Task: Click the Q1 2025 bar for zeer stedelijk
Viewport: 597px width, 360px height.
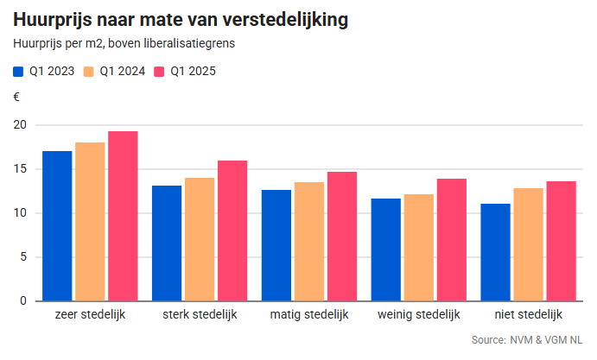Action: click(123, 216)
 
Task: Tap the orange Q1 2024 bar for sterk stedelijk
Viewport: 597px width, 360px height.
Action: click(200, 239)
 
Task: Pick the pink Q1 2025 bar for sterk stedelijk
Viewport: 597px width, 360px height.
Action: click(232, 231)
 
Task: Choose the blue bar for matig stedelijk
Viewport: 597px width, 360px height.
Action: click(276, 245)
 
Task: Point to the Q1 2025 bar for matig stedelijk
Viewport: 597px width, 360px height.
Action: click(342, 237)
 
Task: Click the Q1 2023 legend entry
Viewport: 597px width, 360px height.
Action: click(43, 72)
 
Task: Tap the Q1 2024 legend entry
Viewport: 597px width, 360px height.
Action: click(114, 72)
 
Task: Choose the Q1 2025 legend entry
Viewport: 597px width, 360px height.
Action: click(184, 72)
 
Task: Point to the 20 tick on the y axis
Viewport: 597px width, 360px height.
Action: click(20, 125)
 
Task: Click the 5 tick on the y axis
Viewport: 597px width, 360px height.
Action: click(23, 257)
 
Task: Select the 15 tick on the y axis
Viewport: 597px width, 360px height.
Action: click(20, 169)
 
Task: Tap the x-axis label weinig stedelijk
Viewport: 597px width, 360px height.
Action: click(419, 314)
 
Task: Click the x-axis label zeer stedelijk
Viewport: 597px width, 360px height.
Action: click(90, 314)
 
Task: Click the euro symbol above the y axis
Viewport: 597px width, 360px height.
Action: click(16, 97)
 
